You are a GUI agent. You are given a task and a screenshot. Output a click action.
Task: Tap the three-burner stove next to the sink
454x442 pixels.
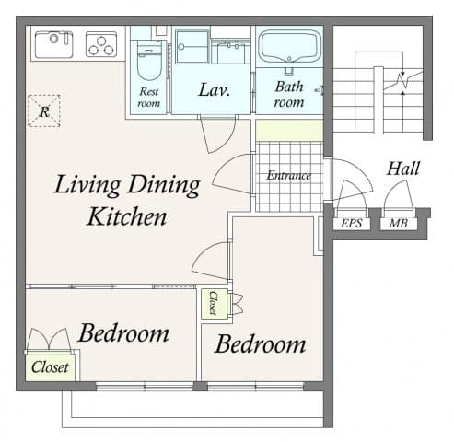pyautogui.click(x=101, y=43)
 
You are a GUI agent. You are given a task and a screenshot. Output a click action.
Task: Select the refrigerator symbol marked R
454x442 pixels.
pyautogui.click(x=44, y=110)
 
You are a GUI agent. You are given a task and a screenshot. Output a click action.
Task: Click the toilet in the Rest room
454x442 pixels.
pyautogui.click(x=147, y=61)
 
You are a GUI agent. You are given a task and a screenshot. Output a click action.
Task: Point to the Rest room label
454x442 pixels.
pyautogui.click(x=149, y=97)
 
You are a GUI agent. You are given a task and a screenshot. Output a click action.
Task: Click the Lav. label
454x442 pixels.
pyautogui.click(x=214, y=91)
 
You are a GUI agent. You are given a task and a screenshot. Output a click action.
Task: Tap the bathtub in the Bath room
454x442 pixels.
pyautogui.click(x=287, y=46)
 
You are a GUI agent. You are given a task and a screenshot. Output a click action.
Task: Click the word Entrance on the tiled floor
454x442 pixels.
pyautogui.click(x=288, y=175)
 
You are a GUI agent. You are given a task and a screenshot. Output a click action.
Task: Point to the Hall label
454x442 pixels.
pyautogui.click(x=403, y=169)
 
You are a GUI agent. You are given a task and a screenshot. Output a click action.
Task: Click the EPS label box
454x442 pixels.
pyautogui.click(x=351, y=223)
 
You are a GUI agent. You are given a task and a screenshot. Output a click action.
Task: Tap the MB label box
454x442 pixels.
pyautogui.click(x=398, y=223)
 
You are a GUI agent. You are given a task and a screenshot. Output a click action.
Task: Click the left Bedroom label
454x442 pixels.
pyautogui.click(x=122, y=332)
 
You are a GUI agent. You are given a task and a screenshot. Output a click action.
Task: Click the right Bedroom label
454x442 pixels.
pyautogui.click(x=260, y=344)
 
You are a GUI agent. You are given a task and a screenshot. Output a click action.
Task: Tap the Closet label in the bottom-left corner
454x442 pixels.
pyautogui.click(x=50, y=366)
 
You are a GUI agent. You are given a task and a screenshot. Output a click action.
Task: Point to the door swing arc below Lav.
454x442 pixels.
pyautogui.click(x=219, y=135)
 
